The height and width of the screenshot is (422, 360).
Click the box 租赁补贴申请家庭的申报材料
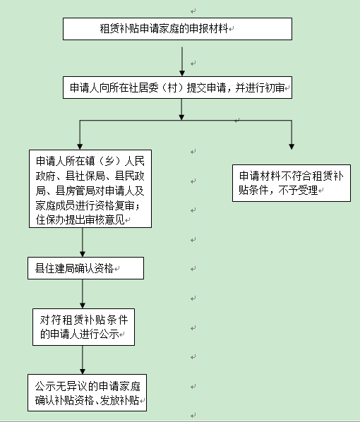pos(177,29)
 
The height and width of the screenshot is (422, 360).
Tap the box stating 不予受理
pos(292,183)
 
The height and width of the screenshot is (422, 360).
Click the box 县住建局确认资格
pos(85,268)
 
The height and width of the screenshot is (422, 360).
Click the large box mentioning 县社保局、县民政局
pos(88,188)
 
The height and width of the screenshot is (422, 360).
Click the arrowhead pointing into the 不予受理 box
pos(292,145)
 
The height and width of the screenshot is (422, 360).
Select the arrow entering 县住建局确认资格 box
pos(83,243)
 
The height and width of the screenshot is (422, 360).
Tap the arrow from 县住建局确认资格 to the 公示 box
pos(83,293)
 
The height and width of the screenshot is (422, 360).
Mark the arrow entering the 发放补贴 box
pos(83,360)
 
